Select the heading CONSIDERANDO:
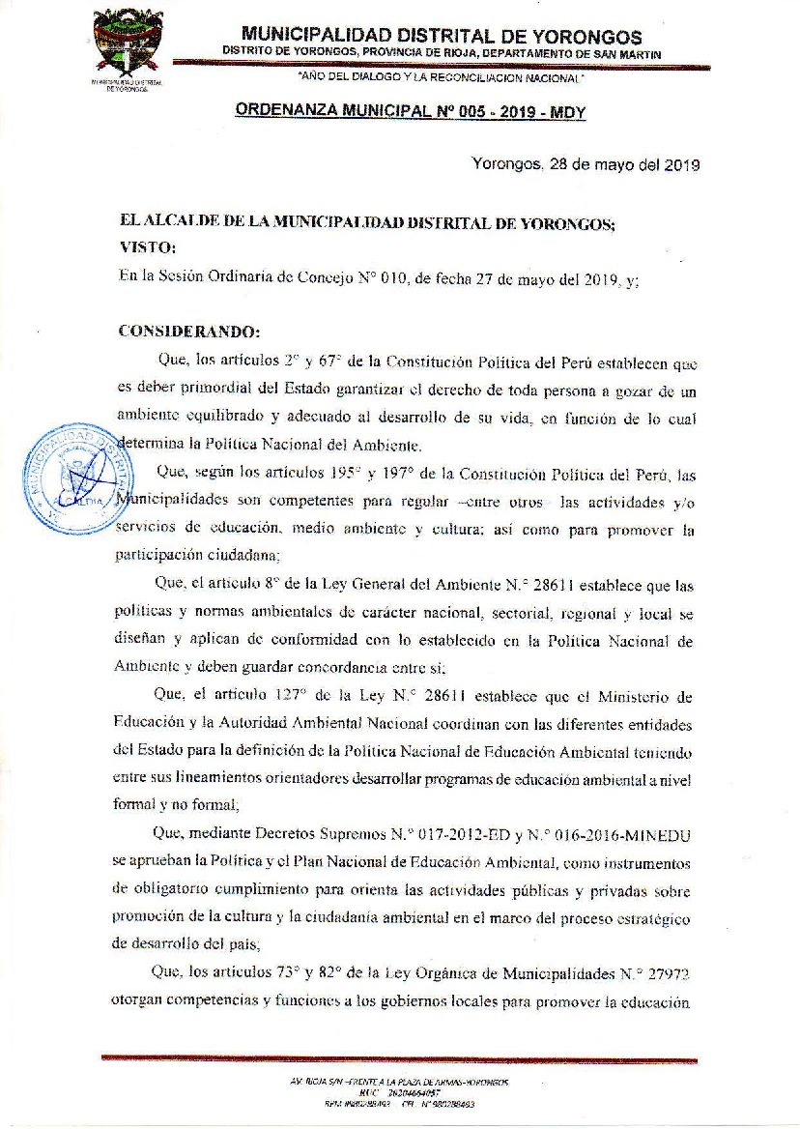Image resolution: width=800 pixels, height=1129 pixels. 188,332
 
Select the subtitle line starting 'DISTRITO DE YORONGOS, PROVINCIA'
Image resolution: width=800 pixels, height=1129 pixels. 442,53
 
